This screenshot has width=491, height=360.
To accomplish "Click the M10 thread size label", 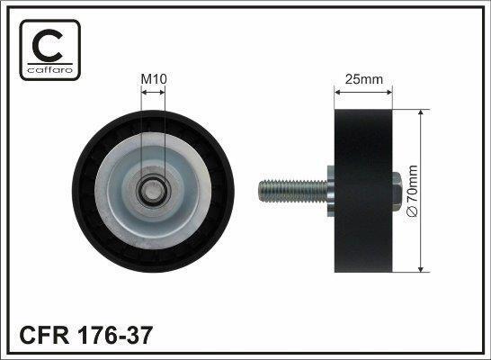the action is click(154, 79).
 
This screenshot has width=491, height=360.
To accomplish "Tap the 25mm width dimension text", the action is click(364, 79).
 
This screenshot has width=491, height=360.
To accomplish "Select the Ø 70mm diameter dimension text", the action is click(412, 191).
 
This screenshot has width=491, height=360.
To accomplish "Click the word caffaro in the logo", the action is click(50, 69).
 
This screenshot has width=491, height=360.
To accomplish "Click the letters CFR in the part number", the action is click(44, 335).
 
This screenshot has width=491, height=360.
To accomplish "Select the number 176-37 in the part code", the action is click(115, 335).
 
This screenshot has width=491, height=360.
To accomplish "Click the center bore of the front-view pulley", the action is click(153, 192).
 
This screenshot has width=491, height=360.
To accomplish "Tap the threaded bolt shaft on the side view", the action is click(293, 191).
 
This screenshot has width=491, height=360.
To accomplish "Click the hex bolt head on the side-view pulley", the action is click(397, 191).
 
